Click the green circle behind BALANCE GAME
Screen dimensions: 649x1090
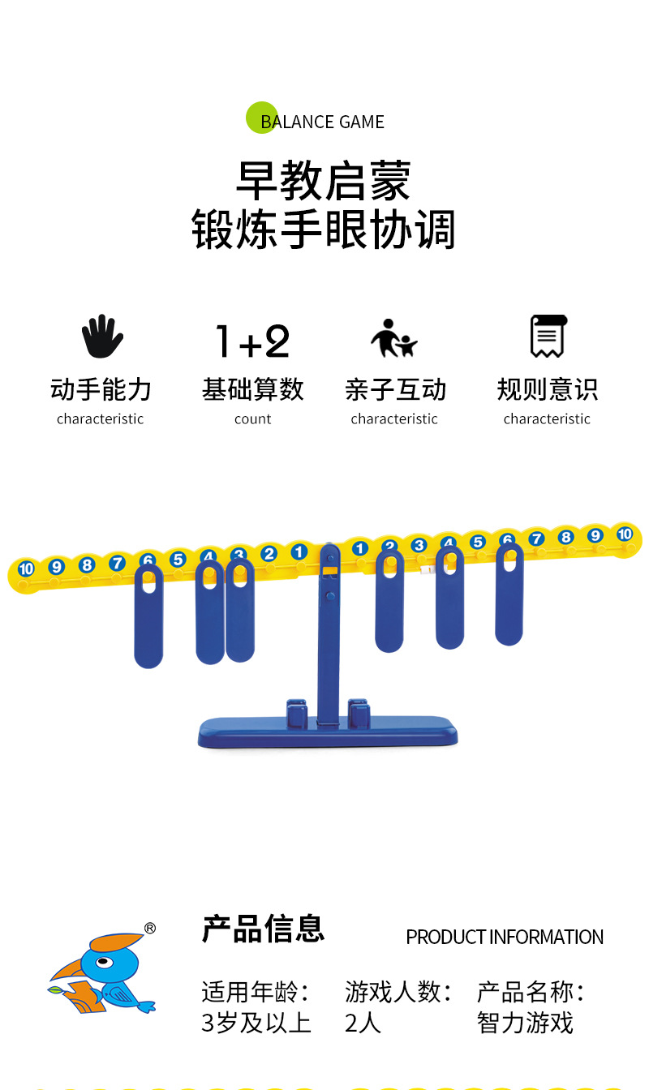pyautogui.click(x=261, y=118)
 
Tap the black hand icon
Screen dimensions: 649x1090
pyautogui.click(x=102, y=336)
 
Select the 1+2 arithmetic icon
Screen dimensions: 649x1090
pyautogui.click(x=252, y=341)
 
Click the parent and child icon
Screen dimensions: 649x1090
pyautogui.click(x=394, y=338)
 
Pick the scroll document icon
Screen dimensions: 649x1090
pyautogui.click(x=548, y=336)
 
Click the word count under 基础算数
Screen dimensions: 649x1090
pyautogui.click(x=252, y=419)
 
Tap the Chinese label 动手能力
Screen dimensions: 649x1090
pyautogui.click(x=101, y=390)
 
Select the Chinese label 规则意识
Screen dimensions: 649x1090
pyautogui.click(x=548, y=390)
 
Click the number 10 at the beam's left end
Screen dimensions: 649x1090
pyautogui.click(x=26, y=569)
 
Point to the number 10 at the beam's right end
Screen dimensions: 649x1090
pyautogui.click(x=624, y=534)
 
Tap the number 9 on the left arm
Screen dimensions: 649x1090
pyautogui.click(x=56, y=567)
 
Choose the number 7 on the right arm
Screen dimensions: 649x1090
pyautogui.click(x=536, y=539)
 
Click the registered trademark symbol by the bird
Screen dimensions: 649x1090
pyautogui.click(x=149, y=929)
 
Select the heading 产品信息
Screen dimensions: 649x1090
pyautogui.click(x=263, y=929)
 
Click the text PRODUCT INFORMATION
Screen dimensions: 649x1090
pyautogui.click(x=505, y=938)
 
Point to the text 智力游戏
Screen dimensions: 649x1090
pyautogui.click(x=525, y=1023)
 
